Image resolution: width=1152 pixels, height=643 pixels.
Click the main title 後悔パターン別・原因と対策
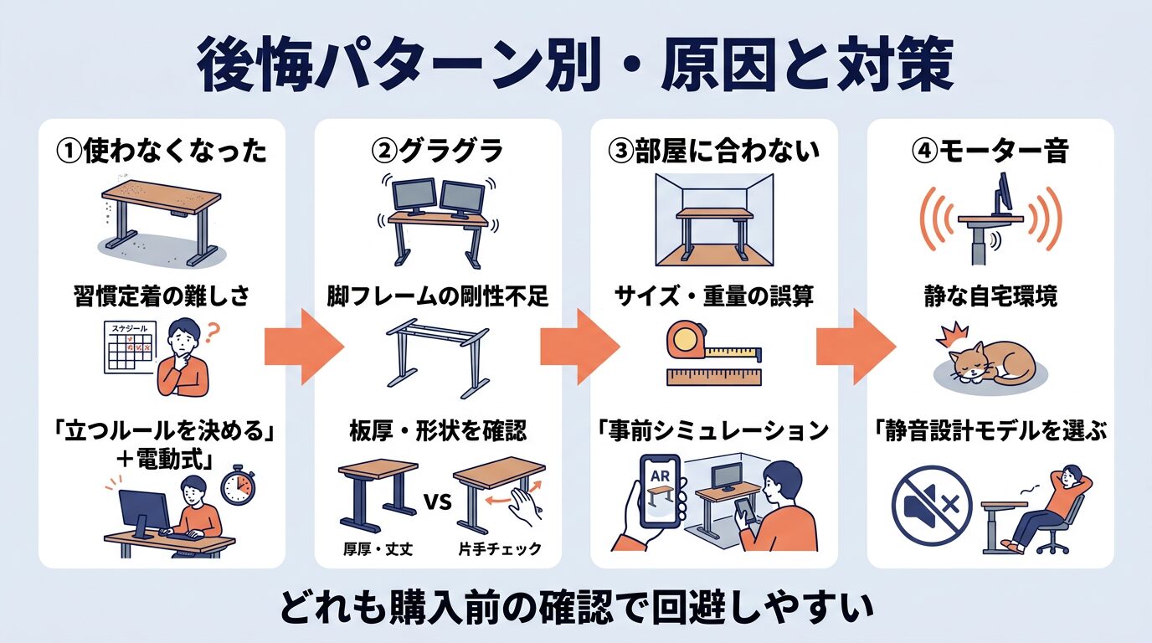(x=575, y=64)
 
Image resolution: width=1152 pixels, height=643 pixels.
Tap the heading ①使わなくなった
(x=162, y=152)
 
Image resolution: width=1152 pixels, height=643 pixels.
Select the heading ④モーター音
(x=990, y=152)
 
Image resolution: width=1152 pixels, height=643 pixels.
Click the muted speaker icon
(x=932, y=504)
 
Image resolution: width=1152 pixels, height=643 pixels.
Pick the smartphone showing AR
(x=659, y=491)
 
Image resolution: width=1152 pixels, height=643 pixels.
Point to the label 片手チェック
(x=501, y=549)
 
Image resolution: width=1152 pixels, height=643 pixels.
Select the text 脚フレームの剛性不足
(x=437, y=296)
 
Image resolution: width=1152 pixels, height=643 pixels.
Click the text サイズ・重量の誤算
(x=713, y=296)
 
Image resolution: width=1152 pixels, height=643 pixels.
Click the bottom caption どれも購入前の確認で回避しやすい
(x=575, y=605)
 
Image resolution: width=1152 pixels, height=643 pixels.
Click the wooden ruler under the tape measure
(x=713, y=376)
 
